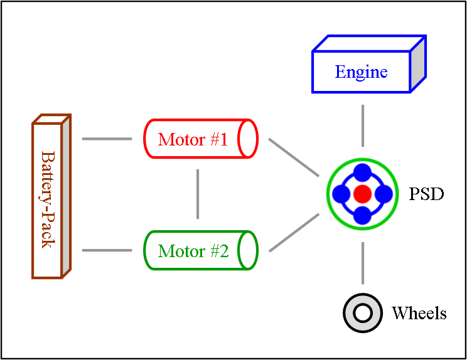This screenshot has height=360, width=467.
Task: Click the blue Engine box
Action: (362, 72)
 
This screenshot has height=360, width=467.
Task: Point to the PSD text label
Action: (426, 194)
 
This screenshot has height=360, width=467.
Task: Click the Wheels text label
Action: (419, 313)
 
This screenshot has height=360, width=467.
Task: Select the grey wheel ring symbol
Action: (363, 312)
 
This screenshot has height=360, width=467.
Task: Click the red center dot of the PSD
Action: (362, 194)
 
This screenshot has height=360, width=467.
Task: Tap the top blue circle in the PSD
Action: (362, 172)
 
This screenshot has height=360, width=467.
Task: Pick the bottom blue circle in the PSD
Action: (362, 215)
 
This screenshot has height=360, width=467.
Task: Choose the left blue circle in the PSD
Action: (341, 194)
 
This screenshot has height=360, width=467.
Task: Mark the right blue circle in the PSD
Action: (384, 194)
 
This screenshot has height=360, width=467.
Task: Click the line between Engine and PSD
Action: (363, 125)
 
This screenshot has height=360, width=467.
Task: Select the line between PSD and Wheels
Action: (363, 262)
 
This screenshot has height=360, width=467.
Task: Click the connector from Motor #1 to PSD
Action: (294, 157)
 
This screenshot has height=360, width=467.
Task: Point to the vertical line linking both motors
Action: (198, 194)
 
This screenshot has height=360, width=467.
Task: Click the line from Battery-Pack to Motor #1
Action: (107, 139)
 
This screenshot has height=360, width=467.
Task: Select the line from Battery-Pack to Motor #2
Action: (107, 251)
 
